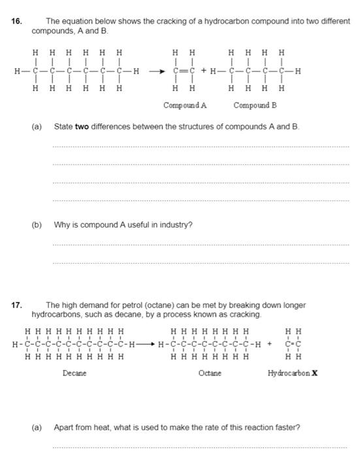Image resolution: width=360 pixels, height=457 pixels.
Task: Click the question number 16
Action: click(x=16, y=21)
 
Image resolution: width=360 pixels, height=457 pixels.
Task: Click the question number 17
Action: click(x=16, y=305)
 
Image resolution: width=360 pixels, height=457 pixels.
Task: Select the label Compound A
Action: click(x=185, y=104)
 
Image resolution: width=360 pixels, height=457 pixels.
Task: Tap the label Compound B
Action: click(x=255, y=104)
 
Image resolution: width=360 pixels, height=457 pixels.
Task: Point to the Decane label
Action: click(x=74, y=373)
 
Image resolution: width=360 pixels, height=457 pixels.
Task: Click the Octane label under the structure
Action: click(x=210, y=373)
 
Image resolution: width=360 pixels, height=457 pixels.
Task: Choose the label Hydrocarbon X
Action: click(x=293, y=373)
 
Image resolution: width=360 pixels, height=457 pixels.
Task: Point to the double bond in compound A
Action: click(x=183, y=72)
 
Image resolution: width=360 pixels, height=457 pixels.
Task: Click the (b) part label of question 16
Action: click(x=37, y=225)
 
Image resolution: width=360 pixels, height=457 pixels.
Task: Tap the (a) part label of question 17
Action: click(x=37, y=428)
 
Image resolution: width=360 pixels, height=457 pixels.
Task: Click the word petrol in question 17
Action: click(x=118, y=305)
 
